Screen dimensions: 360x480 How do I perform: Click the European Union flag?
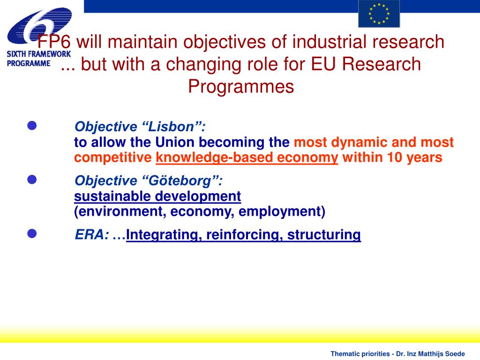(379, 14)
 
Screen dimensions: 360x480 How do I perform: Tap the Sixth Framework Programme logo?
(38, 37)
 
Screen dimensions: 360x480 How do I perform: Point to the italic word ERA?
(92, 235)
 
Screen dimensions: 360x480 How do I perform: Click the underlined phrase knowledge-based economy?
(247, 157)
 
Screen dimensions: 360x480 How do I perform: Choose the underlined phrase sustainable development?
(157, 196)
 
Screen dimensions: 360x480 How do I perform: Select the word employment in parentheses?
(281, 211)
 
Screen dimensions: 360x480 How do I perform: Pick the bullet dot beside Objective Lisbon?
(32, 126)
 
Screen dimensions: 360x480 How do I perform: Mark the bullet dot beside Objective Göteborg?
(32, 180)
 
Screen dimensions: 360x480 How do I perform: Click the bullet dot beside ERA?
(32, 234)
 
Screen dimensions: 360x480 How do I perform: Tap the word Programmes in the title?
(241, 86)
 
